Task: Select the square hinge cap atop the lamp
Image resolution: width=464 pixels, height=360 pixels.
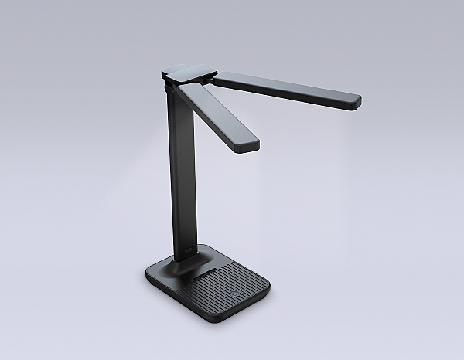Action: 189,72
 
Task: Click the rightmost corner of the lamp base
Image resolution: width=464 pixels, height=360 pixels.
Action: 269,289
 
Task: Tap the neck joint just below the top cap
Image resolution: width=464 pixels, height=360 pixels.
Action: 172,89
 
